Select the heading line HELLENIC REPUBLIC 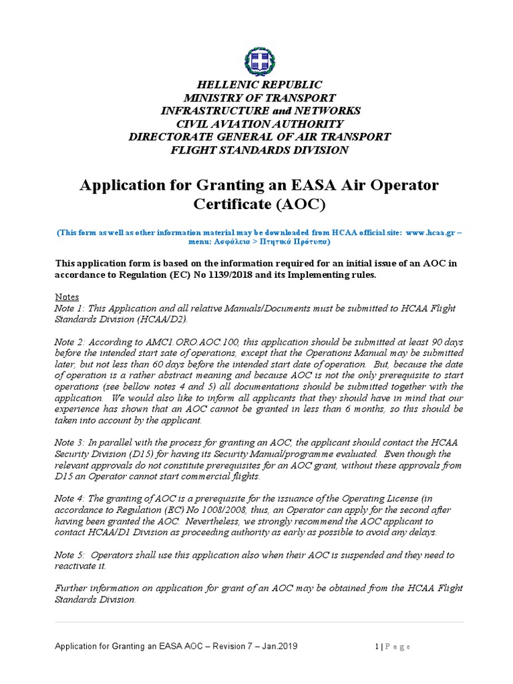click(x=259, y=85)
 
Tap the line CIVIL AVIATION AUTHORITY click(x=259, y=124)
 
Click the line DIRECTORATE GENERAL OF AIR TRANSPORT click(x=259, y=137)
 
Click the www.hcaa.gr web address click(x=424, y=232)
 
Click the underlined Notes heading click(x=66, y=297)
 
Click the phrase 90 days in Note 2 click(x=444, y=341)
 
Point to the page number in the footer click(x=377, y=646)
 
